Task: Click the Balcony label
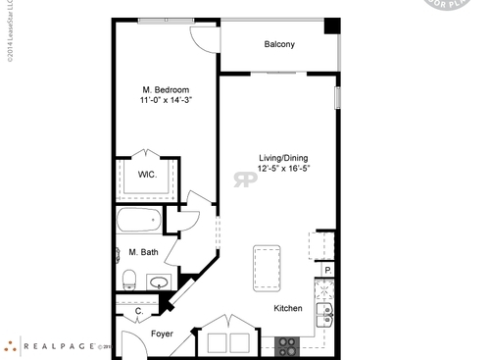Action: (x=279, y=44)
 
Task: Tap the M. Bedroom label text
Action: (x=165, y=89)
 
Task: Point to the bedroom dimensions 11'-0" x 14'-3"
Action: (x=165, y=100)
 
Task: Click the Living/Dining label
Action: (x=284, y=158)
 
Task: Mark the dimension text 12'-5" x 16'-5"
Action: (x=284, y=169)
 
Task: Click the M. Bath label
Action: (x=143, y=252)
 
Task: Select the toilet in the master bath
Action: (x=128, y=280)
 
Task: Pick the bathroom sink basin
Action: (x=158, y=283)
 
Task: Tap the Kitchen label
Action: (x=287, y=308)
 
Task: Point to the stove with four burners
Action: (x=288, y=345)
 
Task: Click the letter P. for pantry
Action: (x=328, y=270)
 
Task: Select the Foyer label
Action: (x=162, y=334)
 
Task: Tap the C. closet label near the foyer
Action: (x=138, y=312)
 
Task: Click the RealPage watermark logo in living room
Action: (x=243, y=179)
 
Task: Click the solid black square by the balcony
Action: (x=332, y=26)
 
